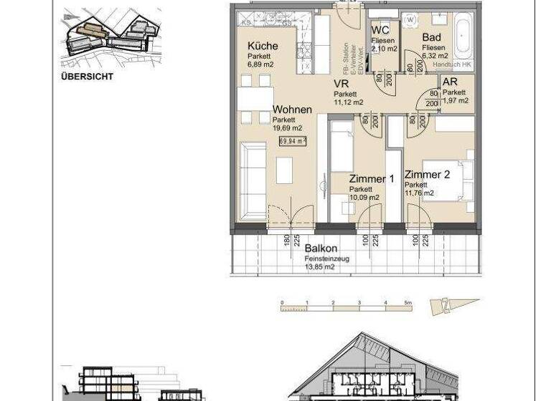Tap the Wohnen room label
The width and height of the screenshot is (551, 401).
coord(292,110)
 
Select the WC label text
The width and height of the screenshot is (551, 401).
coord(381,30)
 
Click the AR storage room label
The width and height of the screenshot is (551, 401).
coord(450,82)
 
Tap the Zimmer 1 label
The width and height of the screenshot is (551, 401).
coord(372,179)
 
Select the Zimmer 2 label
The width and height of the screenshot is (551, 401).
coord(428,175)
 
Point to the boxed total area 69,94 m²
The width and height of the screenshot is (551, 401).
coord(293,141)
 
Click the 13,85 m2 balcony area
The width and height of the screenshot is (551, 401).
coord(319,266)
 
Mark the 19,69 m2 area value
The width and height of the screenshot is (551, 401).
coord(287,128)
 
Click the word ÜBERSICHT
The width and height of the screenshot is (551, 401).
coord(88,75)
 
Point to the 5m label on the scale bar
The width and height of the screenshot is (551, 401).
coord(408,303)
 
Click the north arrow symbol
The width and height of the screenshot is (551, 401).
coord(444,306)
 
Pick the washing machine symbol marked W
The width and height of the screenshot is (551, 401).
coord(410,19)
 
